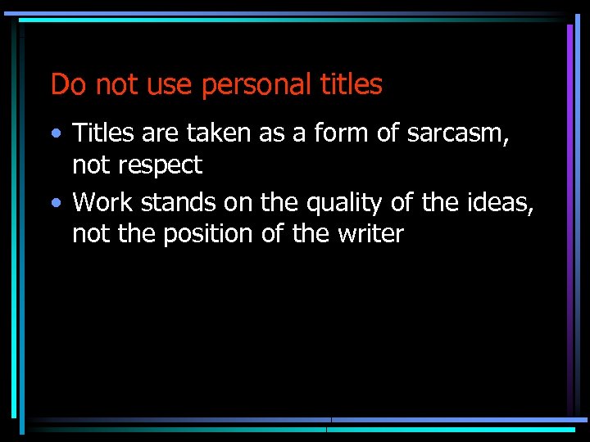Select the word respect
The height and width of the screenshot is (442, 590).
(161, 165)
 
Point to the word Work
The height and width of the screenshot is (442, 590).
(106, 201)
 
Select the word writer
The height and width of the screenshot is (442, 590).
(371, 234)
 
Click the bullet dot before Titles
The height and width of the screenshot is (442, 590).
(55, 133)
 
